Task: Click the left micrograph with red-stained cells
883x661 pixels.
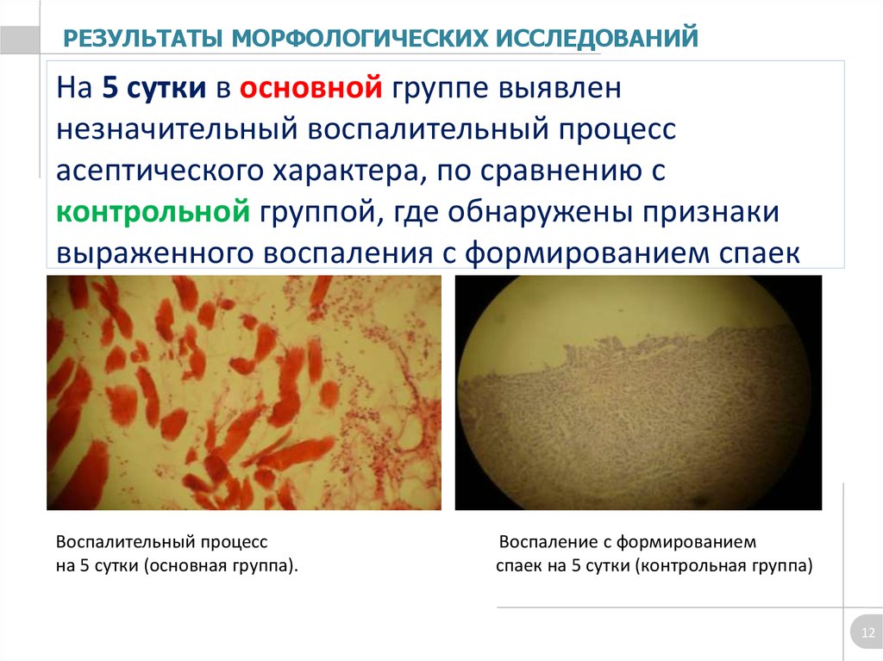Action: click(244, 392)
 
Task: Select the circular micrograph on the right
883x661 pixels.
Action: click(638, 392)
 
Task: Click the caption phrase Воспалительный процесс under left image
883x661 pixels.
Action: click(162, 542)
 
